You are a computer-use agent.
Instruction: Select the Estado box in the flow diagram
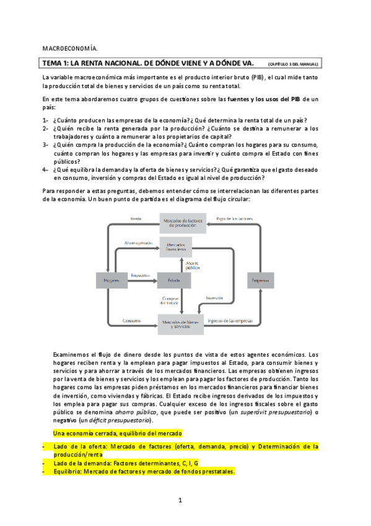coord(174,281)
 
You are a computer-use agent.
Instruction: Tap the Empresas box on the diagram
coord(261,281)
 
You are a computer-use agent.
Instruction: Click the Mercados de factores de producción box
coord(180,222)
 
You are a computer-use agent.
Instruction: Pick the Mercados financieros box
coord(180,246)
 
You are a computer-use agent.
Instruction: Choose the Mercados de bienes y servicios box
coord(180,323)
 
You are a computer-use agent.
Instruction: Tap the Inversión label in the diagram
coord(214,298)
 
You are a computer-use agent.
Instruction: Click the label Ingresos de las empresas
coord(230,321)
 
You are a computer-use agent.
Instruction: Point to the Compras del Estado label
coord(170,300)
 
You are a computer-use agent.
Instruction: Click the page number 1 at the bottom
coord(180,499)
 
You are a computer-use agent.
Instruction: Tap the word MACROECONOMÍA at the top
coord(70,48)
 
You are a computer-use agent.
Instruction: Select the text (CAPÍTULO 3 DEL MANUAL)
coord(293,64)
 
